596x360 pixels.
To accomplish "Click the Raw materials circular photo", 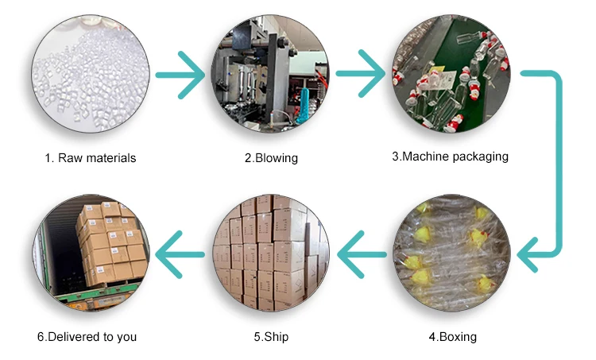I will pyautogui.click(x=89, y=75).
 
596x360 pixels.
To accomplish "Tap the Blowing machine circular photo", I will pyautogui.click(x=270, y=75).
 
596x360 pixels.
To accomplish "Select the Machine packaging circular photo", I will pyautogui.click(x=451, y=75).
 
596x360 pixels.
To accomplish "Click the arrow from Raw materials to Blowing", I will pyautogui.click(x=180, y=76).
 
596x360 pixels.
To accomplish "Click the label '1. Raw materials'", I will pyautogui.click(x=90, y=158).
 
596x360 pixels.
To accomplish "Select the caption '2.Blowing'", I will pyautogui.click(x=271, y=158).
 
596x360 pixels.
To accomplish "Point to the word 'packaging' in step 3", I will pyautogui.click(x=479, y=157).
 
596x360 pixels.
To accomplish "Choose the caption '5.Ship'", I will pyautogui.click(x=271, y=337).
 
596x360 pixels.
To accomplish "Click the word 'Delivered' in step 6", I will pyautogui.click(x=75, y=337).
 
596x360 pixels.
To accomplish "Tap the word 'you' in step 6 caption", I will pyautogui.click(x=126, y=337).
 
